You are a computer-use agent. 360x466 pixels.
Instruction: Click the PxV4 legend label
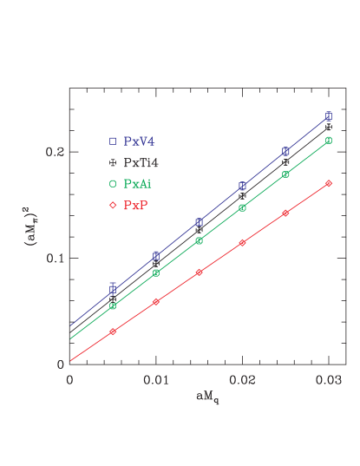[140, 141]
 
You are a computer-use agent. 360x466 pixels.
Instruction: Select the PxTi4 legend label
[141, 162]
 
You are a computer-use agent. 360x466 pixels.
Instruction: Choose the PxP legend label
[135, 206]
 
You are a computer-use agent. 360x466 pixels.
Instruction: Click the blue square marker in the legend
[113, 141]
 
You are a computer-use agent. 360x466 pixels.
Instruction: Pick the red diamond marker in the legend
[113, 206]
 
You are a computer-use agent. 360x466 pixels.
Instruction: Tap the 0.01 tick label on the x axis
[156, 380]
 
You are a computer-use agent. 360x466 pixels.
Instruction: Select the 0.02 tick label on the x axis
[243, 380]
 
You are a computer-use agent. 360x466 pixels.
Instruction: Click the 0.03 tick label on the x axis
[329, 380]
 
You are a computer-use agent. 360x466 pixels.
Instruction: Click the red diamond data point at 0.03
[329, 183]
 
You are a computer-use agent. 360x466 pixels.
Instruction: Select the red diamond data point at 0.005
[113, 331]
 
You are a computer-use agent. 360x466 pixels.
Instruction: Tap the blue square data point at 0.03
[329, 115]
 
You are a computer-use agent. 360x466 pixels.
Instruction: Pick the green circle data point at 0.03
[329, 140]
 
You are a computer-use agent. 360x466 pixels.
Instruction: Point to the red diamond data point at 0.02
[243, 242]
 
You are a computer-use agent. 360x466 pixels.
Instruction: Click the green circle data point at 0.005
[113, 305]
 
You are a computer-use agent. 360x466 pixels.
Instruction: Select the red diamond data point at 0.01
[156, 301]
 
